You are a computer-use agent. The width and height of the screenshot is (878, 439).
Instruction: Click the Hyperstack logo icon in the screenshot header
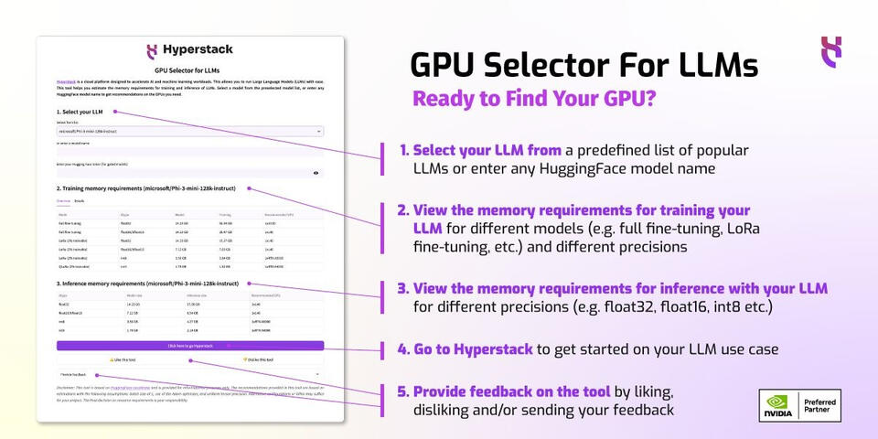tap(153, 51)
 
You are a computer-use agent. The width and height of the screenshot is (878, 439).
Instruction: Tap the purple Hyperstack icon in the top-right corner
tap(830, 48)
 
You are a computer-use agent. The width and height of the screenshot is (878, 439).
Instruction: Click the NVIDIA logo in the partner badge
tap(778, 406)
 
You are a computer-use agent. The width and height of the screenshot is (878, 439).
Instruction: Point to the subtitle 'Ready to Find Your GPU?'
tap(533, 99)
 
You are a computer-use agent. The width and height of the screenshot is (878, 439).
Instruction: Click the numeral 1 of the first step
tap(403, 150)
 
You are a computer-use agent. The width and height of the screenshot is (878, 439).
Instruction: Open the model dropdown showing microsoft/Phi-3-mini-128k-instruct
tap(189, 132)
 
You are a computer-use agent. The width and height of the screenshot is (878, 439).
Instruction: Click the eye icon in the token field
tap(316, 172)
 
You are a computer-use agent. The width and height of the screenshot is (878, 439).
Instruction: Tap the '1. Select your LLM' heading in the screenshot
tap(80, 112)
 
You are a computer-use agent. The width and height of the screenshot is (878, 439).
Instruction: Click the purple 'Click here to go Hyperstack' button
tap(189, 346)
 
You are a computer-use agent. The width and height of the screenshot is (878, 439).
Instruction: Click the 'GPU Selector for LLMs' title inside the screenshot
tap(187, 70)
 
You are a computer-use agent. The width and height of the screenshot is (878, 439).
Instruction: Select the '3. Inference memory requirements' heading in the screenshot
tap(147, 284)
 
